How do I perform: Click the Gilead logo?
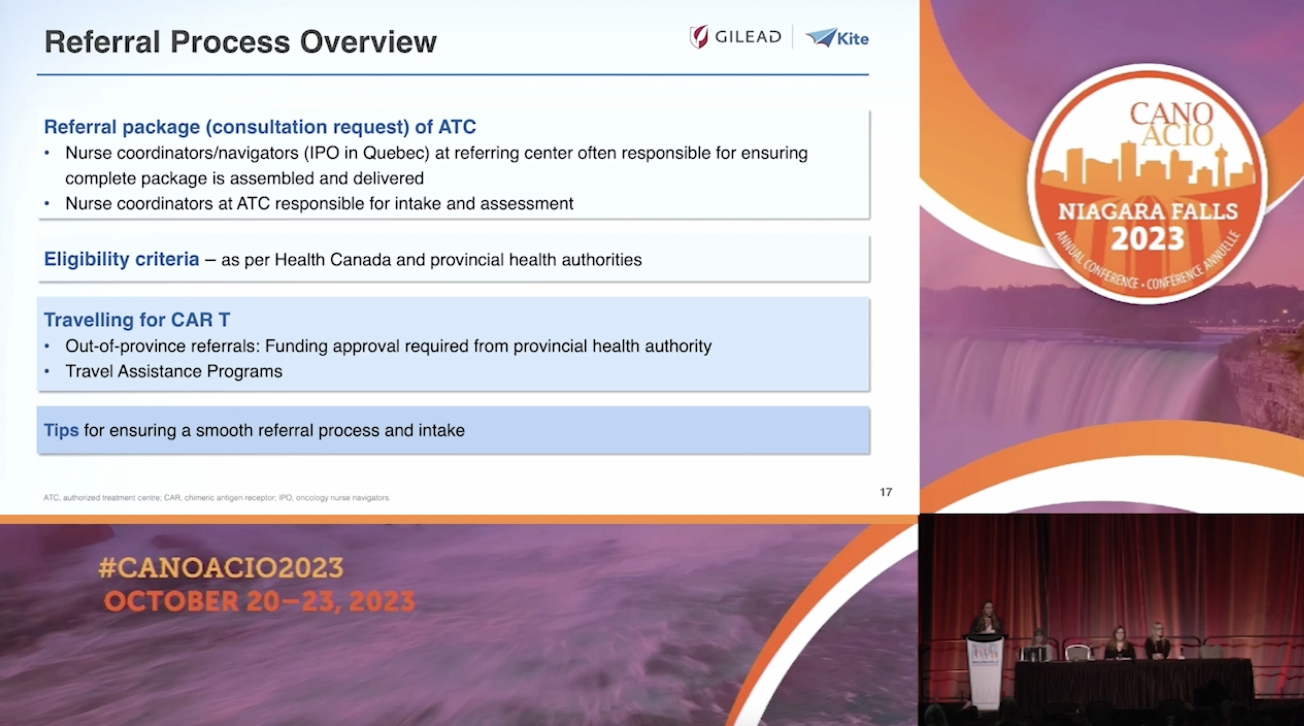(735, 37)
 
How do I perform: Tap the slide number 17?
(885, 492)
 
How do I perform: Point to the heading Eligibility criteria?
(121, 259)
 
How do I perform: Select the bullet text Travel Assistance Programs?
(174, 372)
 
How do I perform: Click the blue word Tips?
(61, 430)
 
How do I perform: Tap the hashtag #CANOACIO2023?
(221, 567)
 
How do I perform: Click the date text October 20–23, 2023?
(259, 601)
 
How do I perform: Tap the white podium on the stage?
(985, 668)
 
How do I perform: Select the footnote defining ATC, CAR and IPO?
(216, 498)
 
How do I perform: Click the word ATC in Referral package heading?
(457, 126)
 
